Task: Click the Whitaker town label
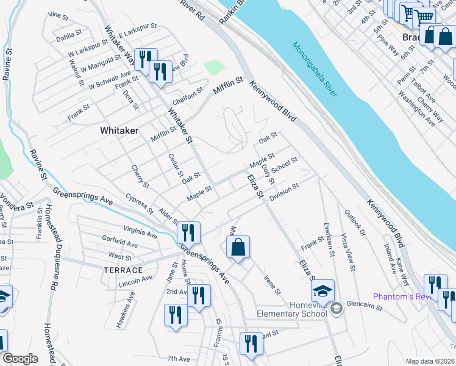click(x=119, y=131)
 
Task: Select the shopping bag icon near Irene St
click(x=238, y=248)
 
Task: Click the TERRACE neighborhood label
click(x=123, y=270)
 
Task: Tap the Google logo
click(x=20, y=359)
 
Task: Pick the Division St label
click(x=284, y=193)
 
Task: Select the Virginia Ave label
click(x=140, y=232)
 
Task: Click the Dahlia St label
click(x=68, y=35)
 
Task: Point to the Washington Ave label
click(x=416, y=107)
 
